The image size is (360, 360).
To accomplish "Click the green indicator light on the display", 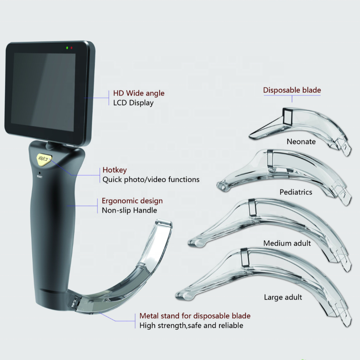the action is (x=67, y=48).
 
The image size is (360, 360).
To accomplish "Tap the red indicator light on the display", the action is (x=71, y=48).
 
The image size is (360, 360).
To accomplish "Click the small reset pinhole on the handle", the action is (x=40, y=173).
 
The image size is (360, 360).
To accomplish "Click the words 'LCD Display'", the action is (x=133, y=102).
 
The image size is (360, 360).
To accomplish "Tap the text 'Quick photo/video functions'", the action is (x=151, y=180).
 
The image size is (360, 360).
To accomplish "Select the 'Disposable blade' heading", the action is (x=292, y=90).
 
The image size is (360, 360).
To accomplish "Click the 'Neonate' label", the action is (x=301, y=141).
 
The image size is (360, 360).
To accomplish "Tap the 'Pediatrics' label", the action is (x=296, y=192).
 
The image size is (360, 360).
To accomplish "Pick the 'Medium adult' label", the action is (x=287, y=243).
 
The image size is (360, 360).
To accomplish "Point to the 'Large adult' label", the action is (x=283, y=297).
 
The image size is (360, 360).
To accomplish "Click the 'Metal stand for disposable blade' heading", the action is (x=195, y=316).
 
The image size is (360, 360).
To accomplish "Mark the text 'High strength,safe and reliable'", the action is (x=191, y=325).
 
